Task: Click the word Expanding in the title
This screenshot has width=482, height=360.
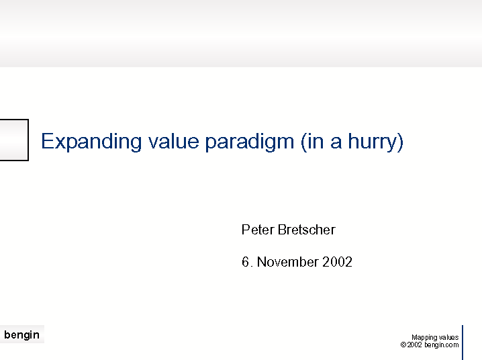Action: pos(91,142)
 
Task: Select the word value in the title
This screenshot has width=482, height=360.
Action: pos(174,141)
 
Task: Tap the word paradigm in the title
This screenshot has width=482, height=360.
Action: pos(249,142)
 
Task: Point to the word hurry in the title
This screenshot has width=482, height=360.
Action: pos(373,142)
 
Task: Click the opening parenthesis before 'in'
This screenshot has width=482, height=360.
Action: pos(303,142)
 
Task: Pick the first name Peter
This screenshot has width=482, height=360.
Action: pos(258,230)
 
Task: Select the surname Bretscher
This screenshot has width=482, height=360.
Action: pos(307,230)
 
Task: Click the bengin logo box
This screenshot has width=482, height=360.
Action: pos(22,334)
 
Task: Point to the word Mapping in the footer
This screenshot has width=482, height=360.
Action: pos(424,338)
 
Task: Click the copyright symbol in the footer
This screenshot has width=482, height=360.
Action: pos(403,345)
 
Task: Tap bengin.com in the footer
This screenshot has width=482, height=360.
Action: pos(442,345)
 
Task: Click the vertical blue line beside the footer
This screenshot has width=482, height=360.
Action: pos(463,343)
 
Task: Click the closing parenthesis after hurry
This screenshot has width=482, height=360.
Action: pos(400,142)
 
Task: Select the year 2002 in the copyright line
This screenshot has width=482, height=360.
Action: pos(415,345)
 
